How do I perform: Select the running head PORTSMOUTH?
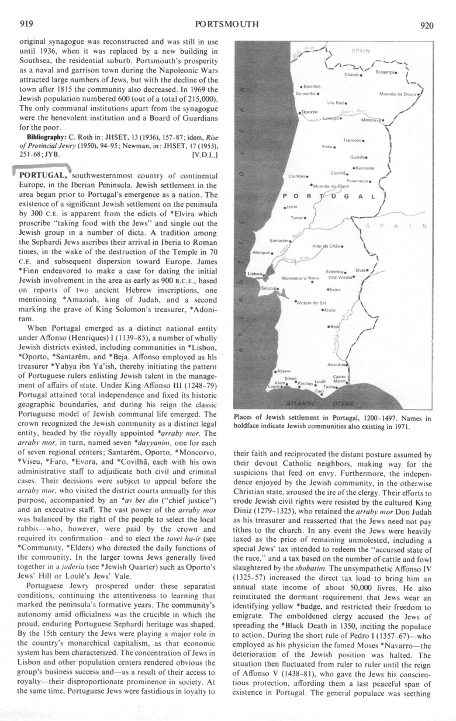pyautogui.click(x=227, y=25)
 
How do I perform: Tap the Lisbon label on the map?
pyautogui.click(x=255, y=273)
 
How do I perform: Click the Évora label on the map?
pyautogui.click(x=334, y=289)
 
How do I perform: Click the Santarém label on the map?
pyautogui.click(x=278, y=240)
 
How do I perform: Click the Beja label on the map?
pyautogui.click(x=335, y=327)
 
